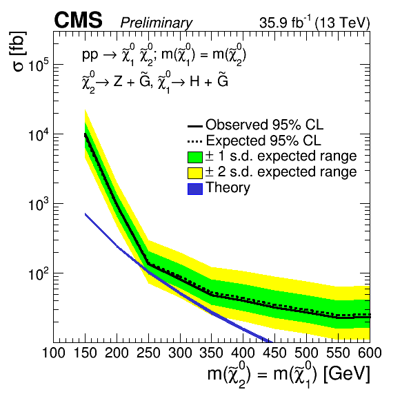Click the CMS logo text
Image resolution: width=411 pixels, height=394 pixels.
pyautogui.click(x=78, y=20)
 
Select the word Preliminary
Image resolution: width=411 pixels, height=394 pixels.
pyautogui.click(x=157, y=23)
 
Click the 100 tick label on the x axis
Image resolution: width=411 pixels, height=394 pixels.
pyautogui.click(x=54, y=353)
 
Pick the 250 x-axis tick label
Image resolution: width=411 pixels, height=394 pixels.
pyautogui.click(x=149, y=353)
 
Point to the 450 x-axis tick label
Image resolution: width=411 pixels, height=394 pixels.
pyautogui.click(x=275, y=353)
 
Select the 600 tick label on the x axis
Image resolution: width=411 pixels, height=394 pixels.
pyautogui.click(x=370, y=353)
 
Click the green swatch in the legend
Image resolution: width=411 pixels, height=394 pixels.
pyautogui.click(x=195, y=157)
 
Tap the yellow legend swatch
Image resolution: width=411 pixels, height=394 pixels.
pyautogui.click(x=195, y=173)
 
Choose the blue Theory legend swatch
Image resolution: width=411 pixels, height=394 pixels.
pyautogui.click(x=195, y=189)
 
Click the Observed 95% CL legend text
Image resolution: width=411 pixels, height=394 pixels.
pyautogui.click(x=265, y=125)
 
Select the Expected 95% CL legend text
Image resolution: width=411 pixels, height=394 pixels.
pyautogui.click(x=263, y=141)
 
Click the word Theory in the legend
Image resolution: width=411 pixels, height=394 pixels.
pyautogui.click(x=228, y=188)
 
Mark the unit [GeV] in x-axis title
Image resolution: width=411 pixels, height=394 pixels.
pyautogui.click(x=347, y=374)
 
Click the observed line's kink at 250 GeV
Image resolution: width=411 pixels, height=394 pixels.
pyautogui.click(x=148, y=264)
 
